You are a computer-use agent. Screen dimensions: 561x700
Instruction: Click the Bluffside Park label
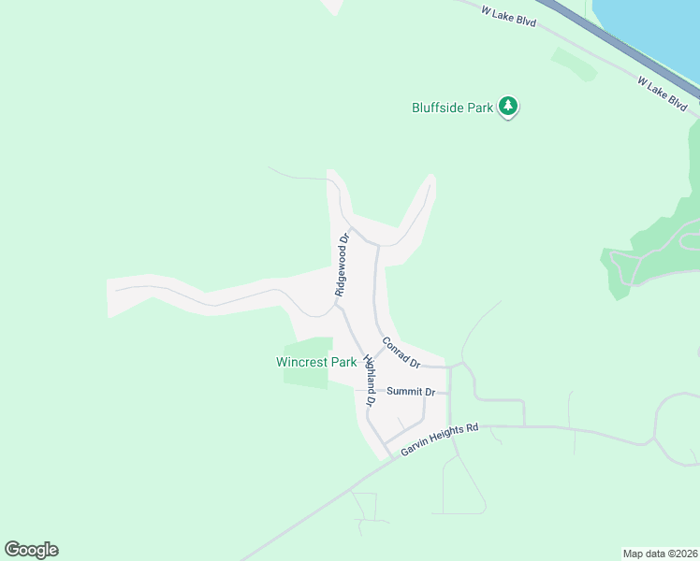point(453,108)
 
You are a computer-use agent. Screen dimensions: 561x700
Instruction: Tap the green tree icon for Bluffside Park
point(508,106)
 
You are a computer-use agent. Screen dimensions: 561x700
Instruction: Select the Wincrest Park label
point(316,362)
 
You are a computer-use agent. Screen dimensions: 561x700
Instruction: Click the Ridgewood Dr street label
point(343,265)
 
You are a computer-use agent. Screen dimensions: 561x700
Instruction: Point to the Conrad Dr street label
point(401,352)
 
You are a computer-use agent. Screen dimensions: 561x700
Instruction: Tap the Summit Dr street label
point(412,392)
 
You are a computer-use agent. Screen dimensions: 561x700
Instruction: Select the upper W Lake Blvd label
point(509,16)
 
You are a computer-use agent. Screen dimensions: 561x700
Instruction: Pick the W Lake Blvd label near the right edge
point(663,94)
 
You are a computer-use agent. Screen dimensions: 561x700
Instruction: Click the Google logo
point(31,550)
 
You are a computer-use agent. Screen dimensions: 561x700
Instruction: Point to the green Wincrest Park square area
point(309,348)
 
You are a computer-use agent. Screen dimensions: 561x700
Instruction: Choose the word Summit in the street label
point(405,392)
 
